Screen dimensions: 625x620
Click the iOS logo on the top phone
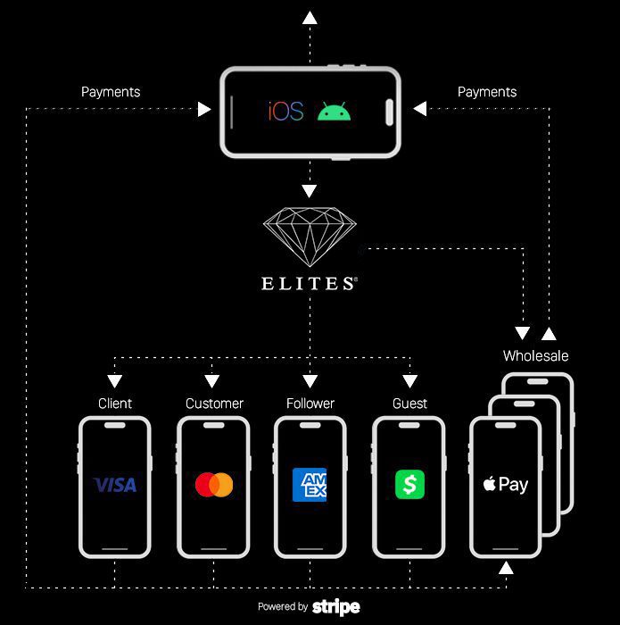tap(285, 112)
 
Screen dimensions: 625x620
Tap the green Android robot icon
tap(335, 112)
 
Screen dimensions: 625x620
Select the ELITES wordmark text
tap(309, 284)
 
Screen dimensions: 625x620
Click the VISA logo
tap(115, 485)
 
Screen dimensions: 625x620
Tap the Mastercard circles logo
tap(213, 485)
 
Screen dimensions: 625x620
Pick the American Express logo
tap(310, 485)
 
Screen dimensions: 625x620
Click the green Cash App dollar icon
tap(409, 485)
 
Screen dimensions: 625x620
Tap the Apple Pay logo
tap(506, 485)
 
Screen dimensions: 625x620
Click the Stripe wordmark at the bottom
tap(336, 607)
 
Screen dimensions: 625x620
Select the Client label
tap(115, 404)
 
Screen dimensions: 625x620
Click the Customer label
tap(214, 404)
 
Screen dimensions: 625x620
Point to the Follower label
tap(310, 404)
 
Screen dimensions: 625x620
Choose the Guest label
tap(409, 404)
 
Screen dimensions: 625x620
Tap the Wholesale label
tap(535, 355)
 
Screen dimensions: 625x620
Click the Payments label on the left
tap(111, 92)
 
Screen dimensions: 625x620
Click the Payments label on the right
tap(487, 92)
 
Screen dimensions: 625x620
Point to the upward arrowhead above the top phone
tap(310, 17)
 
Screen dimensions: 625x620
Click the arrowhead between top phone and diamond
tap(310, 190)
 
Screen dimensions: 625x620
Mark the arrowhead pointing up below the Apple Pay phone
tap(506, 568)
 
